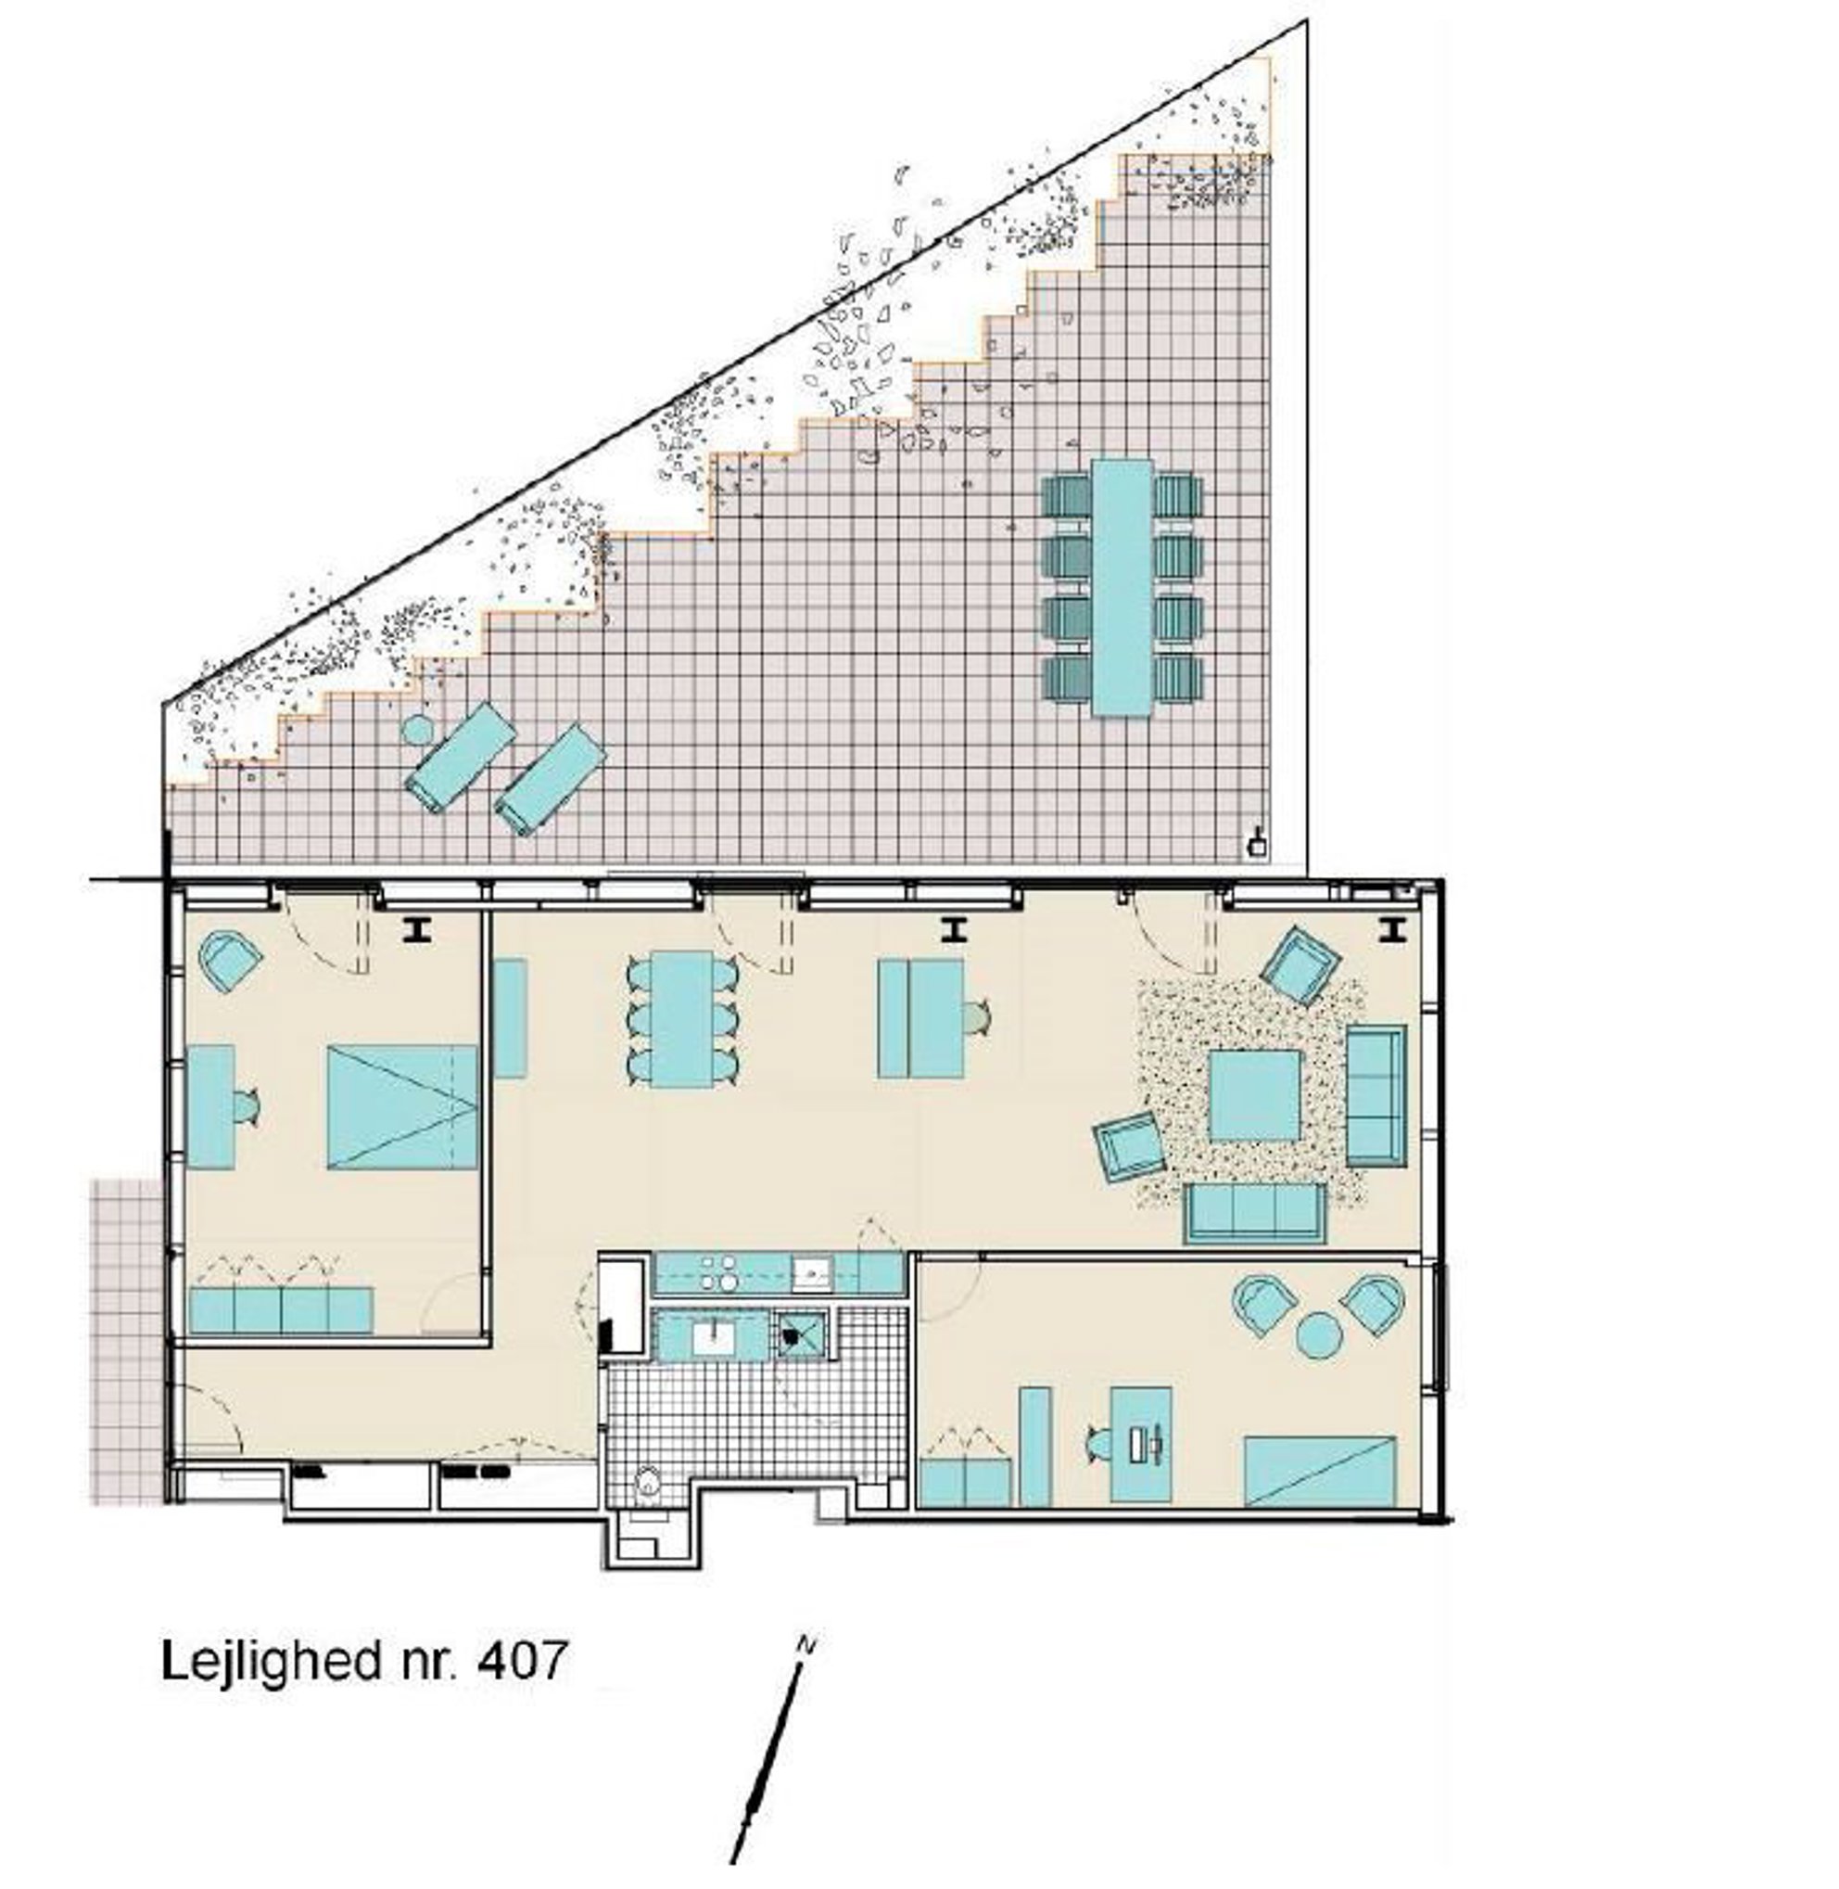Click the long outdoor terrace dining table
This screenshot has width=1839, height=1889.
[1122, 588]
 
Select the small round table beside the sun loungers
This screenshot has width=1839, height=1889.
[417, 729]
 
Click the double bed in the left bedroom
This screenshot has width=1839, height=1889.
[403, 1106]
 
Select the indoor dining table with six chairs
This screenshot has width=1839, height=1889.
[682, 1019]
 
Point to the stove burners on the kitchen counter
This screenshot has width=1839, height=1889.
[717, 1272]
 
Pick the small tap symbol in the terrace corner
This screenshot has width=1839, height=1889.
[1258, 844]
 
